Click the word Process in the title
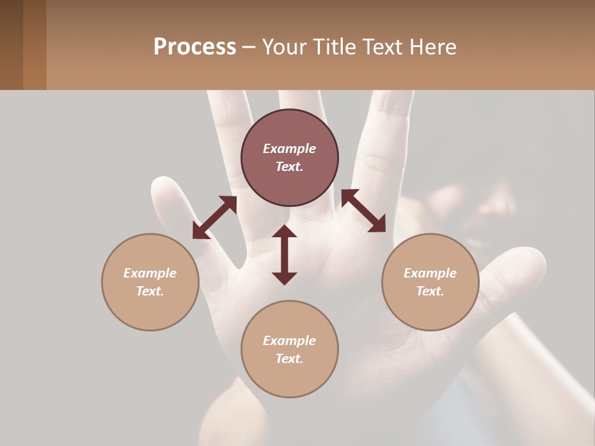[195, 47]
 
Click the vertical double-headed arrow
[284, 255]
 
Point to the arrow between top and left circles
[214, 217]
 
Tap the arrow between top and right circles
[363, 211]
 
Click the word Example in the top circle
[289, 149]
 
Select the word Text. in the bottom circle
[289, 359]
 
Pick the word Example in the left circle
[150, 273]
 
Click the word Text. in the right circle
[430, 291]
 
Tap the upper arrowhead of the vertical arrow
[284, 232]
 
